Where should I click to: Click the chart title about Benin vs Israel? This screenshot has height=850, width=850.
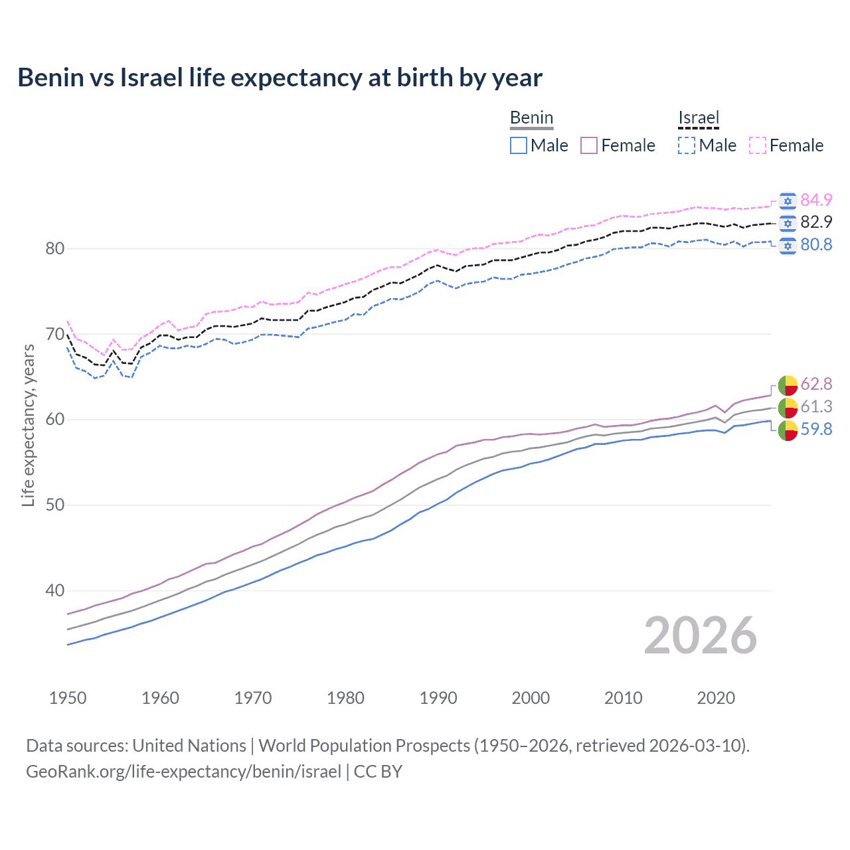pyautogui.click(x=280, y=78)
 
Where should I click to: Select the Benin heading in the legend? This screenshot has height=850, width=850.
pyautogui.click(x=531, y=118)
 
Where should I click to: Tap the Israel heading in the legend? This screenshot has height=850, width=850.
pyautogui.click(x=699, y=118)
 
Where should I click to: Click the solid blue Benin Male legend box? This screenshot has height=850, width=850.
pyautogui.click(x=519, y=145)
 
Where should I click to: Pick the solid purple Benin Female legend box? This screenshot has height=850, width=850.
pyautogui.click(x=589, y=145)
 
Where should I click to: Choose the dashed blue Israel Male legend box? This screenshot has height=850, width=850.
pyautogui.click(x=687, y=145)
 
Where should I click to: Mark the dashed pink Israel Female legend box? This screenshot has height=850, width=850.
pyautogui.click(x=758, y=145)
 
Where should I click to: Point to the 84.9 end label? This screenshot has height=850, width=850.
pyautogui.click(x=816, y=200)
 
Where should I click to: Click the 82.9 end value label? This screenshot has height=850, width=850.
pyautogui.click(x=816, y=222)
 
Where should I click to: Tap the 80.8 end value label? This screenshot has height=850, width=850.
pyautogui.click(x=816, y=244)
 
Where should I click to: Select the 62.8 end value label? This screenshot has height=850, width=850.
pyautogui.click(x=816, y=384)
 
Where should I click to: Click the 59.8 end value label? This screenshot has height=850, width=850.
pyautogui.click(x=816, y=429)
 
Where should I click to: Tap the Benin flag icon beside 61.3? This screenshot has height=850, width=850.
pyautogui.click(x=788, y=407)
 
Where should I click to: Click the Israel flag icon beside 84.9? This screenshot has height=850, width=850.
pyautogui.click(x=788, y=201)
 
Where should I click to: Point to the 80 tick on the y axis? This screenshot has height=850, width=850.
pyautogui.click(x=55, y=249)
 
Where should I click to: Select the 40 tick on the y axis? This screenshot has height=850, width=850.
pyautogui.click(x=55, y=590)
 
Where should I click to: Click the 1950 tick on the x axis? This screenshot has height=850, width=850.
pyautogui.click(x=68, y=698)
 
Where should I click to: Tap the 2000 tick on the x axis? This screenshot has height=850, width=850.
pyautogui.click(x=531, y=698)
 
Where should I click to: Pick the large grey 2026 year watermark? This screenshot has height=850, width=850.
pyautogui.click(x=700, y=636)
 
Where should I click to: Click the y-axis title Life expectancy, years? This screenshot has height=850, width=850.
pyautogui.click(x=29, y=425)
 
